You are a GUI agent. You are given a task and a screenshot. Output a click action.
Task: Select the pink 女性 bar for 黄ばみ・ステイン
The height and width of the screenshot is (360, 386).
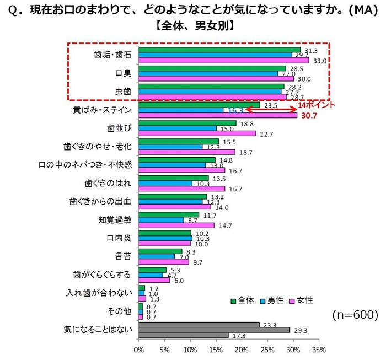(x=218, y=115)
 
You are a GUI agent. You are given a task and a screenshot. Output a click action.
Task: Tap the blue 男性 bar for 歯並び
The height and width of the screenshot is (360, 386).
(x=177, y=128)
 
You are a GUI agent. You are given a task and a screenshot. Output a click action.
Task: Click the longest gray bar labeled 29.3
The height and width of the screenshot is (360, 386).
(x=214, y=330)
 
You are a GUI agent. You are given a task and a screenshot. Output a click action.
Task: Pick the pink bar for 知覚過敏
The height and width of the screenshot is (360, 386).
(x=176, y=225)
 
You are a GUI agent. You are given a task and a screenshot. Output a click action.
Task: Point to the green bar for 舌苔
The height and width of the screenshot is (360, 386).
(x=160, y=251)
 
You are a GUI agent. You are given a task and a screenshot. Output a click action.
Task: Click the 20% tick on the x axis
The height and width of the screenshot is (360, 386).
(x=242, y=349)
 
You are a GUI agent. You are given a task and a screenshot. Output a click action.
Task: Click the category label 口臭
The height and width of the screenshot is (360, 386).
(x=123, y=73)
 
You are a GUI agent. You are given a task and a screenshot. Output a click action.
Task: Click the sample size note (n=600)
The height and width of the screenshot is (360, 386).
(x=355, y=315)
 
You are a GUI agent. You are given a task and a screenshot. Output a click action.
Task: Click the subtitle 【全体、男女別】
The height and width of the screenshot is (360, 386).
(x=193, y=25)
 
